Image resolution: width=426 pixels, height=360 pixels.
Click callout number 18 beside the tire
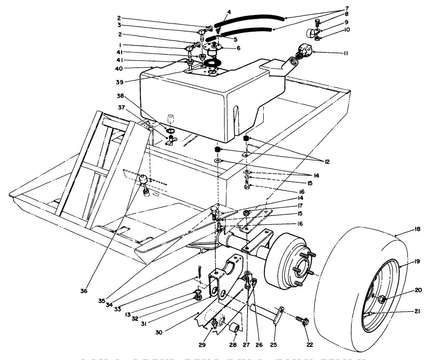pyautogui.click(x=417, y=229)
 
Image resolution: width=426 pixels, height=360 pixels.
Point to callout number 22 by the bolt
pyautogui.click(x=309, y=345)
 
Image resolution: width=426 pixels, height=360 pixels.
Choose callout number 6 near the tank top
pyautogui.click(x=239, y=48)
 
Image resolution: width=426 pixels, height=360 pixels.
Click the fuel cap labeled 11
pyautogui.click(x=304, y=50)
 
